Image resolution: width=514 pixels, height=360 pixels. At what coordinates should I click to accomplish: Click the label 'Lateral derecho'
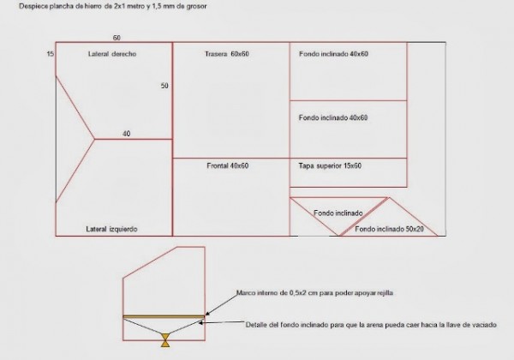112,54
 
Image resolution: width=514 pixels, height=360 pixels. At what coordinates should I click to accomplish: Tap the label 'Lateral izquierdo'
111,229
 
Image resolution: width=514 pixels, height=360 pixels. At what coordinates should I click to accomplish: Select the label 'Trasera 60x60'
227,54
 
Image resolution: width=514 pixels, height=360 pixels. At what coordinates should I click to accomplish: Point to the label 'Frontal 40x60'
228,165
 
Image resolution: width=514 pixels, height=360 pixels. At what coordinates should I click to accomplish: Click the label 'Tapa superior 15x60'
330,165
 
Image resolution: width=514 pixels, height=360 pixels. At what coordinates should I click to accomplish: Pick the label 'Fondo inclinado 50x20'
389,229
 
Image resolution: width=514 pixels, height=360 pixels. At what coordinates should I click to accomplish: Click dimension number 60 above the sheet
117,38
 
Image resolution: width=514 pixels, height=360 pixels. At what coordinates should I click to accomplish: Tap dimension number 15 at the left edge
51,54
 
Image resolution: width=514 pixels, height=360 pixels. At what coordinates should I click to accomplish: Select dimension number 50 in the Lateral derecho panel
164,86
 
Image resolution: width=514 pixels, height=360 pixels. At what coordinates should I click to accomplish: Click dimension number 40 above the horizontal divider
126,134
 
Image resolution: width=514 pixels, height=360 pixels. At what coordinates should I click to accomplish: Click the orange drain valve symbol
165,340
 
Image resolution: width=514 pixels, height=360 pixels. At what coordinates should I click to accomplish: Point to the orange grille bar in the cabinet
164,317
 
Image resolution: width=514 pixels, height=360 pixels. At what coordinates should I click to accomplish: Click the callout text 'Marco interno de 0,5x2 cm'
278,292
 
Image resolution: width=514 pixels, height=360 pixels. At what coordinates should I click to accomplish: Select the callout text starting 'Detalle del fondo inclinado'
371,325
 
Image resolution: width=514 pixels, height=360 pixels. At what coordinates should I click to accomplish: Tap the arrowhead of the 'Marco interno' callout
206,314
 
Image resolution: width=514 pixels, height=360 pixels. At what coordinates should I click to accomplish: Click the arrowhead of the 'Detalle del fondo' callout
201,322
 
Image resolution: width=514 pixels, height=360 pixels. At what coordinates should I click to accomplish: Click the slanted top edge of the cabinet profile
150,262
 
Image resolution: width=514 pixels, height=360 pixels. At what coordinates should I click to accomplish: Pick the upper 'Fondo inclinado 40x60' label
333,54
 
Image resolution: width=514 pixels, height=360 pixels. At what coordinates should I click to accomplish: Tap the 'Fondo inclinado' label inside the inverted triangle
338,213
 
